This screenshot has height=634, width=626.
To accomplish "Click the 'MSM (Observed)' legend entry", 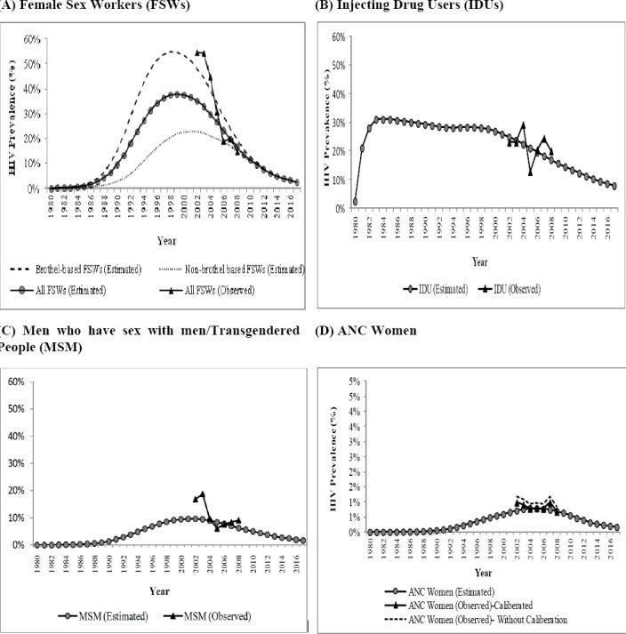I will click(x=212, y=614).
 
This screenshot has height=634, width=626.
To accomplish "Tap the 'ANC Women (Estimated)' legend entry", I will click(x=445, y=590).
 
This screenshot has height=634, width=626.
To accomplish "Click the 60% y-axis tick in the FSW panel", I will click(x=31, y=39).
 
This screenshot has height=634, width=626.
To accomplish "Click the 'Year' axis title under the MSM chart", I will click(x=160, y=590).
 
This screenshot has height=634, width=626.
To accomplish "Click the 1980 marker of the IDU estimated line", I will click(x=355, y=202).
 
